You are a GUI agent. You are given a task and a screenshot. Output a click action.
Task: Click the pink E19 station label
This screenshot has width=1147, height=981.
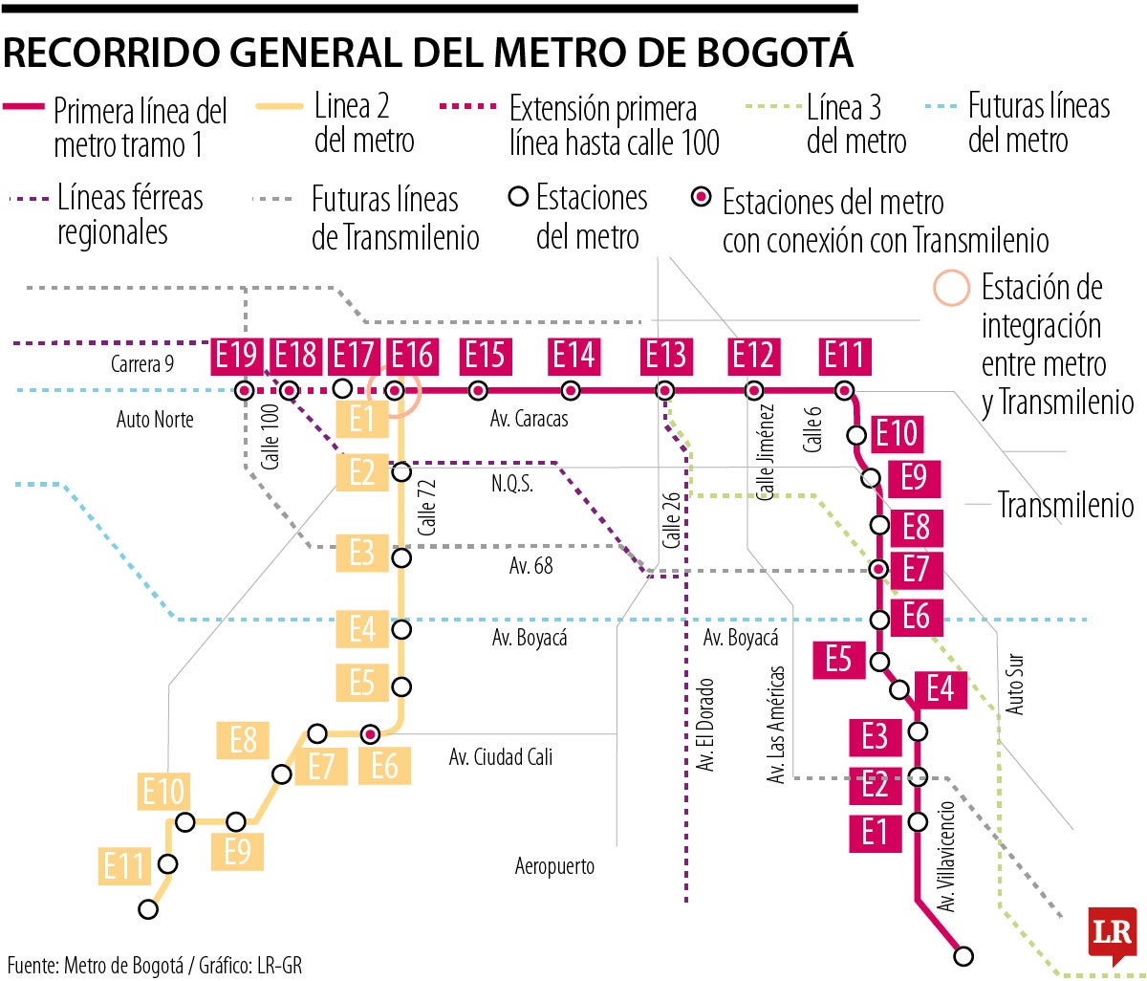(x=236, y=356)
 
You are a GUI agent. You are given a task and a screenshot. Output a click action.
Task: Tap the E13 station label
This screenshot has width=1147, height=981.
(x=665, y=356)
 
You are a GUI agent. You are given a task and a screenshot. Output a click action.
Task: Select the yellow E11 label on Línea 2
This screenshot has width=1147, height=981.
(x=124, y=867)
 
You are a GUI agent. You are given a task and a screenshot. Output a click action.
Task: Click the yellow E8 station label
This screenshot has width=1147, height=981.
(x=243, y=739)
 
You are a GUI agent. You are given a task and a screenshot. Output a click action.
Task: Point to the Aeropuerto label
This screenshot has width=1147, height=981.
(x=554, y=866)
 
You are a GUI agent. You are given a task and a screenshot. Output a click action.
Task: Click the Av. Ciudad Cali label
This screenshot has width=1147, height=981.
(x=501, y=757)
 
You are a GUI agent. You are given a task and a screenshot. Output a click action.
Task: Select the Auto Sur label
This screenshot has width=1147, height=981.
(x=1015, y=685)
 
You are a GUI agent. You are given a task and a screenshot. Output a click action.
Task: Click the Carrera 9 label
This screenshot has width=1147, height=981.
(x=142, y=363)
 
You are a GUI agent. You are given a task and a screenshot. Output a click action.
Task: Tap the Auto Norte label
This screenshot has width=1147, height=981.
(x=155, y=419)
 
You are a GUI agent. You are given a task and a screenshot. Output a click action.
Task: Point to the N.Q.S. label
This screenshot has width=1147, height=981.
(x=512, y=484)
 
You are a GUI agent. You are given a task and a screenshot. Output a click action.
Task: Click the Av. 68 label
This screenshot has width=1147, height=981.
(x=530, y=566)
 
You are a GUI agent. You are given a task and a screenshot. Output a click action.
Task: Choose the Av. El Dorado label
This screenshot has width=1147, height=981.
(x=706, y=725)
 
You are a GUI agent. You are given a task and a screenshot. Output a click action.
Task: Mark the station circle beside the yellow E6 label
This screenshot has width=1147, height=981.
(x=371, y=733)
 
